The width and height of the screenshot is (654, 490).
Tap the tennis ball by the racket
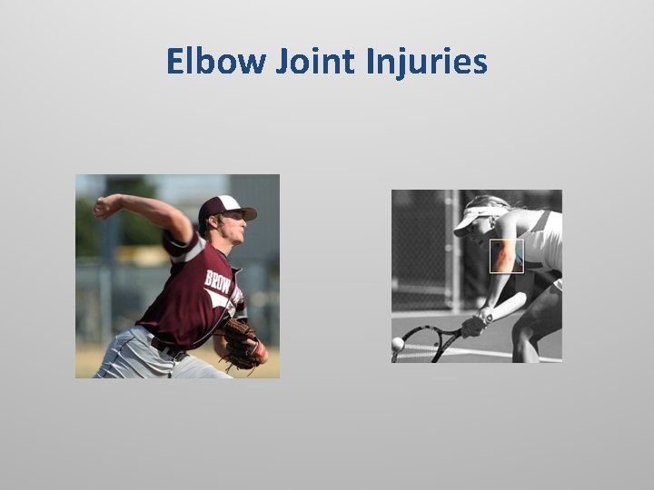398,344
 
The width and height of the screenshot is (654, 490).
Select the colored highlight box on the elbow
506,256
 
